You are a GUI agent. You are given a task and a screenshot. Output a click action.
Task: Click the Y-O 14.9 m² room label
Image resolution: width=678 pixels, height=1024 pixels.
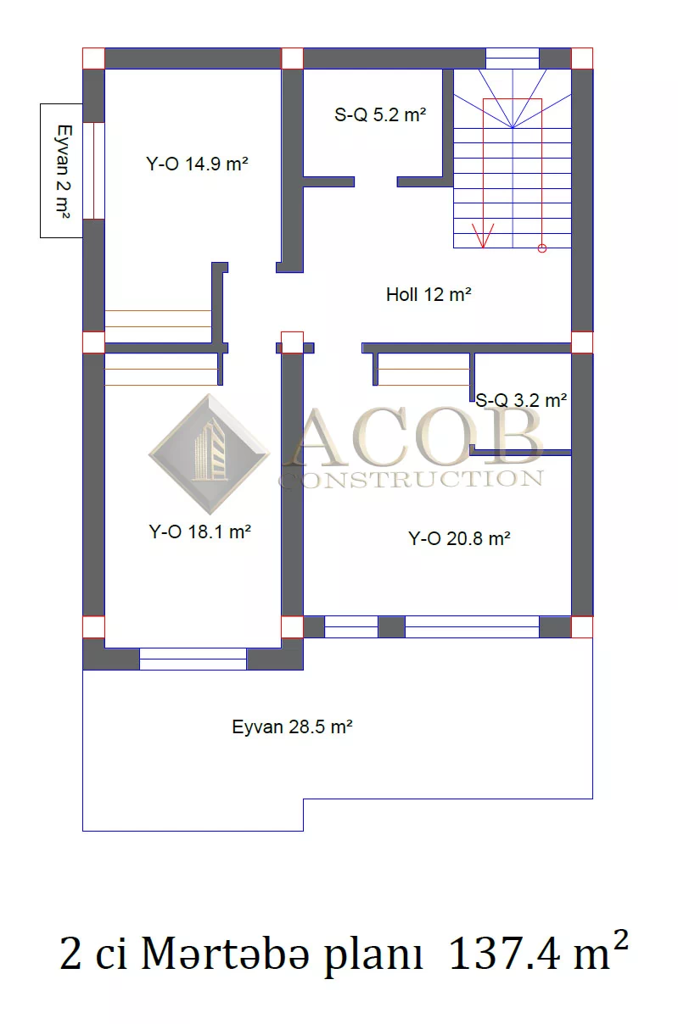197,164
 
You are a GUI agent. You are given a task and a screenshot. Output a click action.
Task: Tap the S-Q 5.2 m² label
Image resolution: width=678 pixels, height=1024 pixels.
380,114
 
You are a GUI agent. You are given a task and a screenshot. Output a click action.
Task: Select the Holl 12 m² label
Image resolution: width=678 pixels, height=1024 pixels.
429,294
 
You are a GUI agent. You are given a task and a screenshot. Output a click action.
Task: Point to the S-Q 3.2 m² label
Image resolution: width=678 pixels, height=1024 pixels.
521,400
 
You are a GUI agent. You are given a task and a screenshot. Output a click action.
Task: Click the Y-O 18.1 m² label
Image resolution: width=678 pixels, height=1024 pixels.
200,531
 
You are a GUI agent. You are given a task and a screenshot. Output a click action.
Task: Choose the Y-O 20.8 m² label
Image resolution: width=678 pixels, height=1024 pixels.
459,538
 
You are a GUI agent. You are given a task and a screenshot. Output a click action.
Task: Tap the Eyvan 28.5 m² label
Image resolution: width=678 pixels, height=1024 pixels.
293,726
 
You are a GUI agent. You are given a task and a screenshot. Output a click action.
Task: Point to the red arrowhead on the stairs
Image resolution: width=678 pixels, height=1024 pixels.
483,236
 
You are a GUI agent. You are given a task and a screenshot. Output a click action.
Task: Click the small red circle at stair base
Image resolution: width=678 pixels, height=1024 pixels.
542,248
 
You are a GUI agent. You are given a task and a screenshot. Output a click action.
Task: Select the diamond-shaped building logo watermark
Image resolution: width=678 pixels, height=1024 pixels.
210,454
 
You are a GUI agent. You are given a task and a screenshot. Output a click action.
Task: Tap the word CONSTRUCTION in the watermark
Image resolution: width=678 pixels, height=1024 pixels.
412,480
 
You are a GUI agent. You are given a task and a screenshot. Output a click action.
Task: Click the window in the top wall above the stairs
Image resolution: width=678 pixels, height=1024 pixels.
513,58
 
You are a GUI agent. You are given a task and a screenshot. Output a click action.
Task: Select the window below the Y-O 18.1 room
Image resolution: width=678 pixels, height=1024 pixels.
193,659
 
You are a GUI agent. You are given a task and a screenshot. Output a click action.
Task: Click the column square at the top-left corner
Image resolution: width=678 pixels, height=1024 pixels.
93,58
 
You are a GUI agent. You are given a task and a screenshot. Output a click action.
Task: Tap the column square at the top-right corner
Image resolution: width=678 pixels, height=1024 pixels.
582,58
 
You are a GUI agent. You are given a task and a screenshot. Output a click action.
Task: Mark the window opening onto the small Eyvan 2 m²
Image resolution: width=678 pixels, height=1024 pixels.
93,171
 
